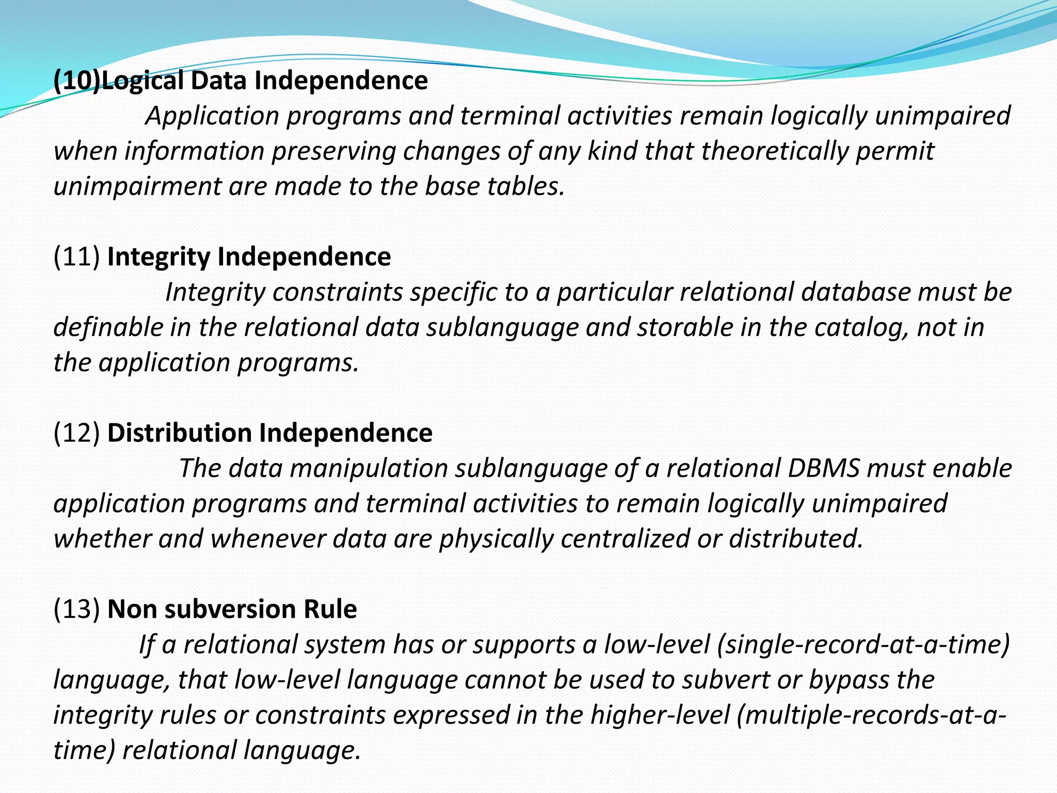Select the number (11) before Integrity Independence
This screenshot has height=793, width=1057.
pos(76,257)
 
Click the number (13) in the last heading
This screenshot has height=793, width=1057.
pos(76,609)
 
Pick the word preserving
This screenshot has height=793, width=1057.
pos(333,151)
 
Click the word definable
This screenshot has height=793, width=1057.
pos(108,327)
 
